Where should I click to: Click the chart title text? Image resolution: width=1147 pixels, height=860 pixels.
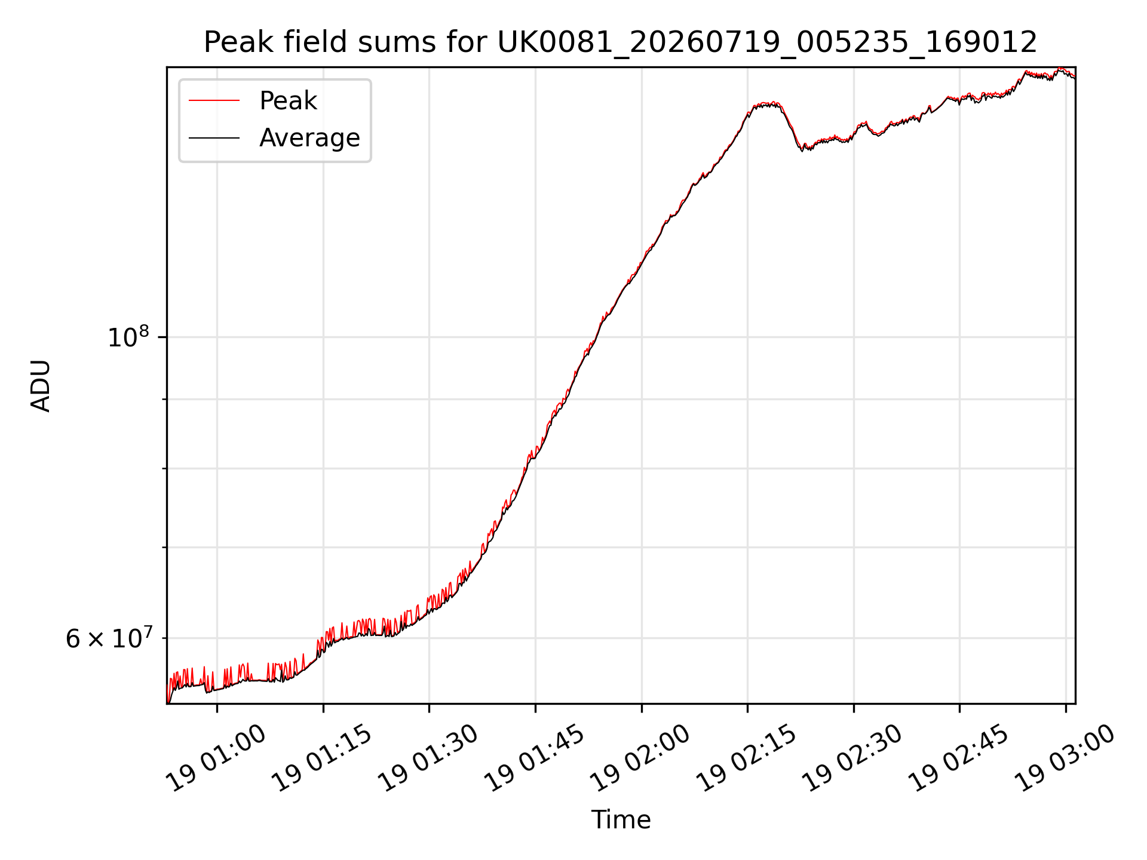[620, 42]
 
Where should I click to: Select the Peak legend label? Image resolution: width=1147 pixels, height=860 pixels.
[288, 101]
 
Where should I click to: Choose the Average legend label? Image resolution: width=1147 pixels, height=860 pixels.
[309, 138]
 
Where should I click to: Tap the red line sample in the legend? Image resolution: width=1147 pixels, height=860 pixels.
[214, 101]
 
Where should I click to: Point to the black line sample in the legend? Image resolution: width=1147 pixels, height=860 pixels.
[214, 138]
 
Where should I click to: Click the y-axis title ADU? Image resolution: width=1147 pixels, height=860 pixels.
[41, 385]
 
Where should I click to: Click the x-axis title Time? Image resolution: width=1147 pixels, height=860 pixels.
[621, 819]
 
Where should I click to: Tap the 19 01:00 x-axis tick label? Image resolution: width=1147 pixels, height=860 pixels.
[217, 758]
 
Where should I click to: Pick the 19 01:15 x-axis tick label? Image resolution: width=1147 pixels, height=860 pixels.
[323, 758]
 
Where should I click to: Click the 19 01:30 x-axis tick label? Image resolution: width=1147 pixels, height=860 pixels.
[429, 758]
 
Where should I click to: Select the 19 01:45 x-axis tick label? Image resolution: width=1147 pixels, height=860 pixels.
[535, 758]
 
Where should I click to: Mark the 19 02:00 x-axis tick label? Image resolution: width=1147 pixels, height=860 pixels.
[642, 758]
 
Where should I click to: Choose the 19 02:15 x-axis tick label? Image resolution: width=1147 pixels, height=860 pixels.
[747, 758]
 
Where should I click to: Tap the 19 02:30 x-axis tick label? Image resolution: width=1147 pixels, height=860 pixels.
[854, 758]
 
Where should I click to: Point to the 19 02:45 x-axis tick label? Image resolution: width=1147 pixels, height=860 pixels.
[959, 758]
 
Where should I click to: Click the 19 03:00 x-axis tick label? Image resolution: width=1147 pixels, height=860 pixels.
[1066, 758]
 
